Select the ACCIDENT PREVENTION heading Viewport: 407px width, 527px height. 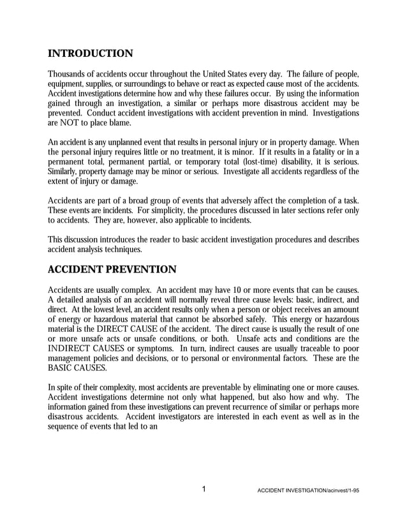[112, 269]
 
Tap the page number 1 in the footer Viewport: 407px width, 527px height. [204, 489]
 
